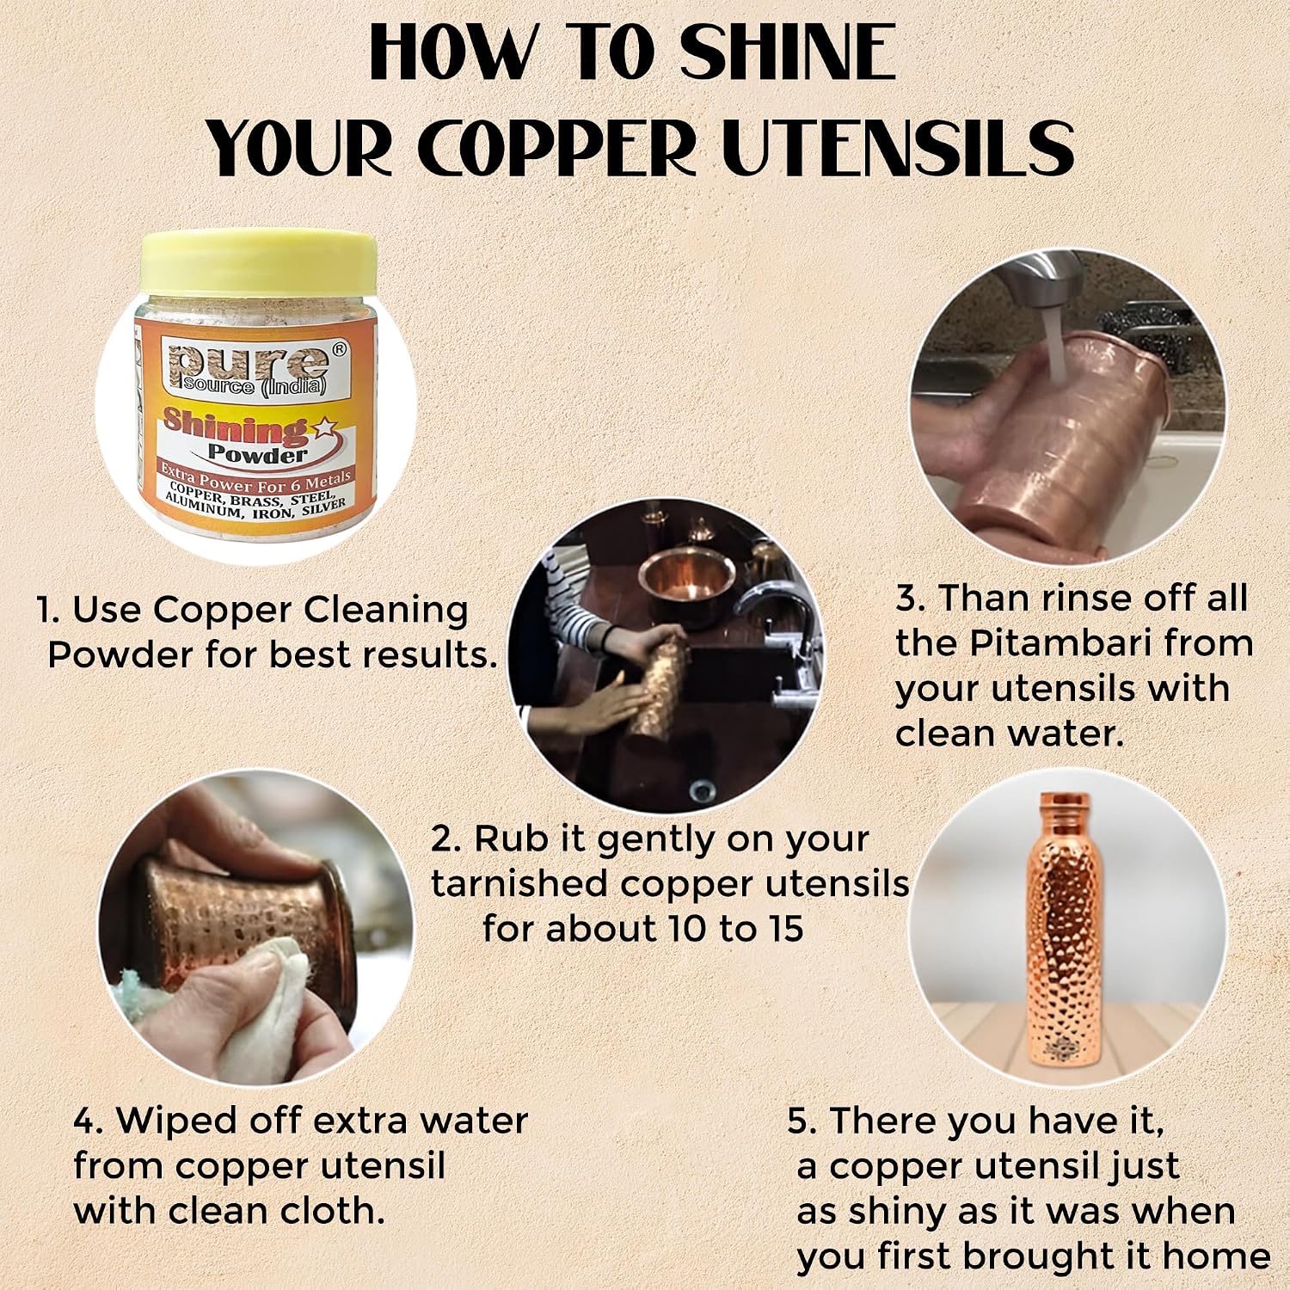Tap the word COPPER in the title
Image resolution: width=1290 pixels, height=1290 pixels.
coord(560,148)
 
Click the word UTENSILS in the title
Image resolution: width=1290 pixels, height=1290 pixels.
coord(898,148)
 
